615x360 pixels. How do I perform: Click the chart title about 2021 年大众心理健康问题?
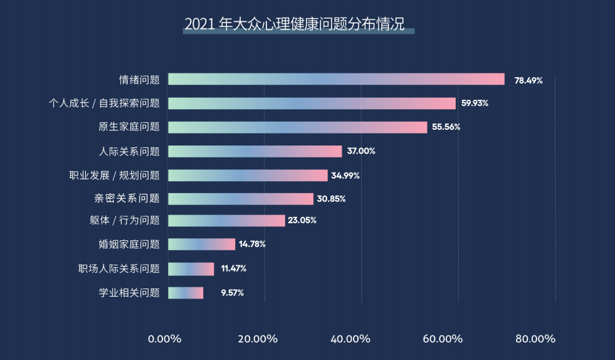click(x=298, y=24)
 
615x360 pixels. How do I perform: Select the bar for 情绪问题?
click(x=336, y=79)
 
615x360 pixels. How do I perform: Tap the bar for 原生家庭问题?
click(x=298, y=127)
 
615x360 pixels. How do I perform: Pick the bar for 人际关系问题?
click(x=255, y=151)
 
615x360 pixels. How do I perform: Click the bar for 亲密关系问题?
click(x=241, y=199)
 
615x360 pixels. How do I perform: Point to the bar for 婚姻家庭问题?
click(x=202, y=244)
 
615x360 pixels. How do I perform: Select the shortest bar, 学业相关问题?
click(x=186, y=292)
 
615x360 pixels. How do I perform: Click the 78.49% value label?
click(x=528, y=80)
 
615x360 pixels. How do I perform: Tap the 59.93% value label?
click(x=475, y=103)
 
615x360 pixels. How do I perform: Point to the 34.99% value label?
click(x=345, y=176)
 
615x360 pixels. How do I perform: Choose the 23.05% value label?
click(x=302, y=220)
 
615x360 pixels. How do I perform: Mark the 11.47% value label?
click(x=233, y=268)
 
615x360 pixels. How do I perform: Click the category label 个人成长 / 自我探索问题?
click(x=104, y=103)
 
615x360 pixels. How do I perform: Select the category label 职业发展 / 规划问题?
click(x=114, y=175)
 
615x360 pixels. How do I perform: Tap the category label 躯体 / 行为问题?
click(x=125, y=220)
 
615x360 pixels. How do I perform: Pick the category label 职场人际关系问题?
click(x=119, y=268)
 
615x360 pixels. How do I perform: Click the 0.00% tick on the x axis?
click(x=165, y=339)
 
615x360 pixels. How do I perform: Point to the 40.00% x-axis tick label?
click(x=350, y=339)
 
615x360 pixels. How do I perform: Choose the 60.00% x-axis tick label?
click(x=443, y=339)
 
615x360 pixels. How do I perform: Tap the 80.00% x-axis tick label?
click(x=535, y=339)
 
